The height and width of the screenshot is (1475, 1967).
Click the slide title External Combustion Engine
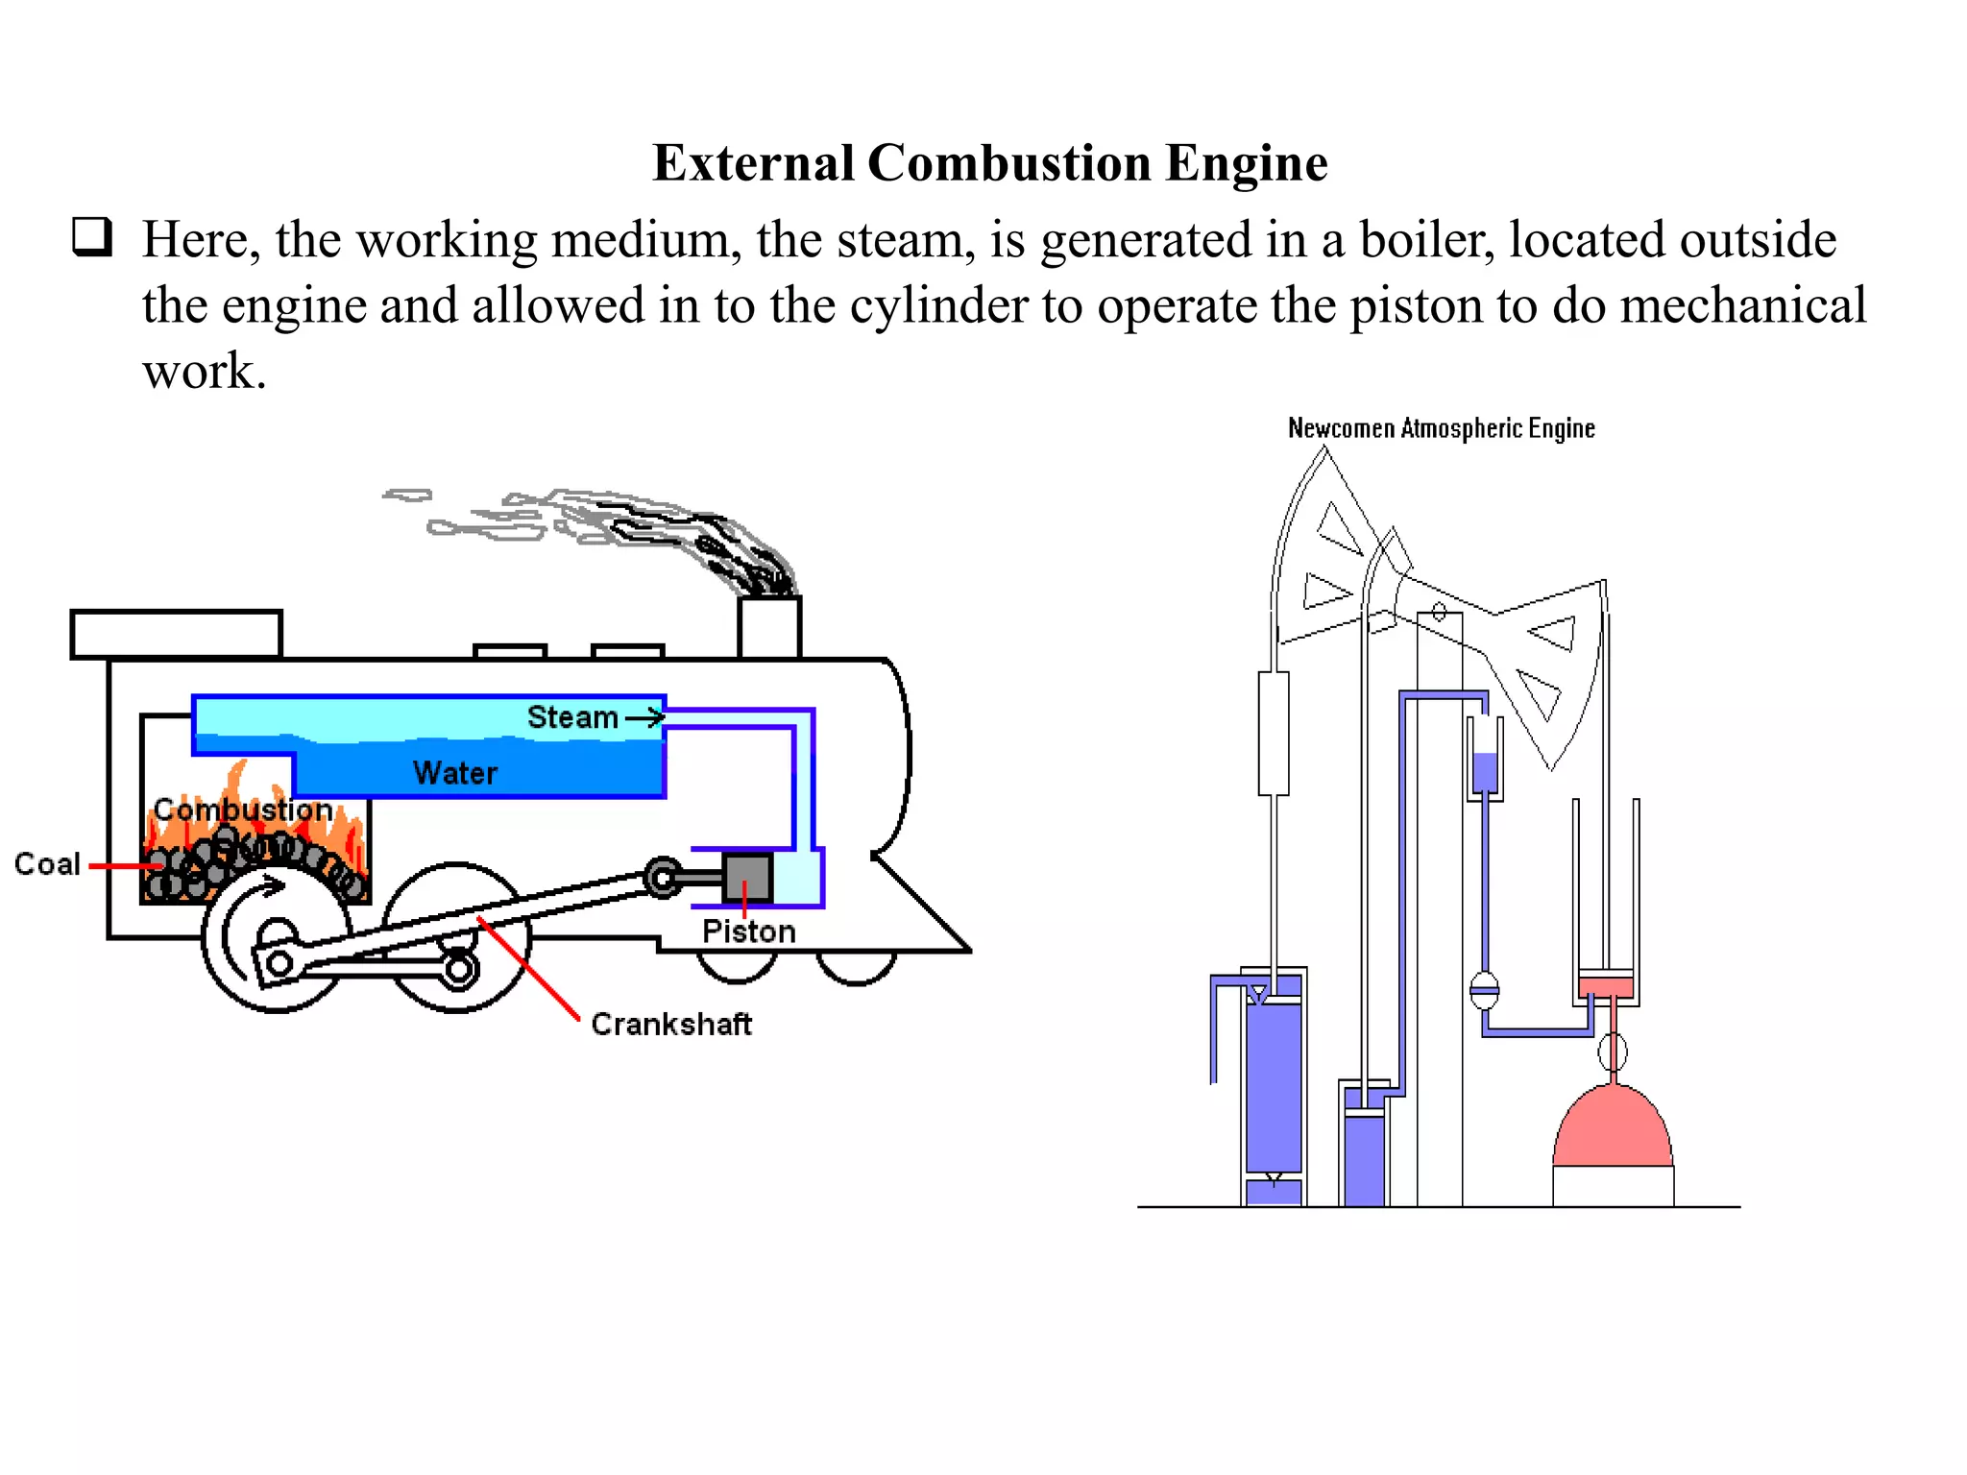989,163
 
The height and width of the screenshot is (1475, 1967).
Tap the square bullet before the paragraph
92,236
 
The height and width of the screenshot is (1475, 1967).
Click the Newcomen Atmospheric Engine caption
1441,428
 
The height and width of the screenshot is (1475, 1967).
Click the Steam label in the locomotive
572,717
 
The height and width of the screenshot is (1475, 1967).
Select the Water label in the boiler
455,773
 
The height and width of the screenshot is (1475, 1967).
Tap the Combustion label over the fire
243,810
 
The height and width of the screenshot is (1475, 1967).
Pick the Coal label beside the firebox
47,864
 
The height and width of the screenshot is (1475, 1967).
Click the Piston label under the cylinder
748,931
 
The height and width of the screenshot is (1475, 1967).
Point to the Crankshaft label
670,1025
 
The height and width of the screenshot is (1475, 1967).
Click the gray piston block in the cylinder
747,876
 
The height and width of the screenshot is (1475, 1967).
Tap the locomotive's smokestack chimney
769,627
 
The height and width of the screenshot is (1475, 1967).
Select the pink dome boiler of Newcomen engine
1613,1129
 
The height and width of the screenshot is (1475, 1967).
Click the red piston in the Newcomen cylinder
1606,986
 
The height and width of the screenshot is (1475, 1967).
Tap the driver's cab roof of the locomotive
177,634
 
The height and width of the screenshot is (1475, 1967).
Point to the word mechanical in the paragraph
1743,306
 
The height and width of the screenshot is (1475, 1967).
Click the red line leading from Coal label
125,866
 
